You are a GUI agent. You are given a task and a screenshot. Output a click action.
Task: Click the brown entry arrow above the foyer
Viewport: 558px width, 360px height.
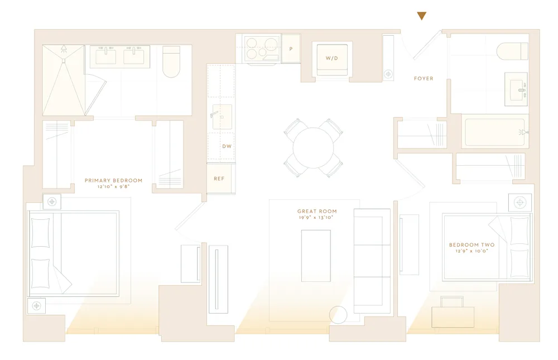pyautogui.click(x=422, y=16)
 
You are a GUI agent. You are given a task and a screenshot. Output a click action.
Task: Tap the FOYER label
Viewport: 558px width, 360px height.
pyautogui.click(x=424, y=79)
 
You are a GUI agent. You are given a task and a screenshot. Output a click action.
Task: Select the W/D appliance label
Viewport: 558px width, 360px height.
pyautogui.click(x=332, y=59)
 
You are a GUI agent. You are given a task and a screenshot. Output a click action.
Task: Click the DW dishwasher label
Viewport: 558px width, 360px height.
pyautogui.click(x=227, y=146)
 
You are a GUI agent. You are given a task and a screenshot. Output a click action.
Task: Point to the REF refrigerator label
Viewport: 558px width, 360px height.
pyautogui.click(x=219, y=179)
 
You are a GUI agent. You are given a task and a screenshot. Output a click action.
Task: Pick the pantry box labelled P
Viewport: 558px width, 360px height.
pyautogui.click(x=291, y=49)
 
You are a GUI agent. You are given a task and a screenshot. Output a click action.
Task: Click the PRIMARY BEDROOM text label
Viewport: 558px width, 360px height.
pyautogui.click(x=113, y=180)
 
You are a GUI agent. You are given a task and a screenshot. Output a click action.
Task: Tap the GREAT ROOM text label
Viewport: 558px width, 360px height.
pyautogui.click(x=317, y=212)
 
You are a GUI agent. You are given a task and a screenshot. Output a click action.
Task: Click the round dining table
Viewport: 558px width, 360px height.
pyautogui.click(x=314, y=148)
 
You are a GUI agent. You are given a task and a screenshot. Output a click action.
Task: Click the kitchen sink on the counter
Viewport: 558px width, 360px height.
pyautogui.click(x=222, y=117)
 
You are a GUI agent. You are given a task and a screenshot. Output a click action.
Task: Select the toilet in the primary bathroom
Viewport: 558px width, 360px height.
pyautogui.click(x=171, y=61)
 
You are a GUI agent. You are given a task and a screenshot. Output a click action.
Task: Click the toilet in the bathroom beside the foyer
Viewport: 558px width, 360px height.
pyautogui.click(x=512, y=51)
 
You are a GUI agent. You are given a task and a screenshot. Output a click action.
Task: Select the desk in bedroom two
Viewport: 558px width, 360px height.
pyautogui.click(x=453, y=316)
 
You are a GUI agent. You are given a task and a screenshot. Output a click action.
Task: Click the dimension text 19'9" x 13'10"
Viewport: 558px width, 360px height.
pyautogui.click(x=317, y=218)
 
